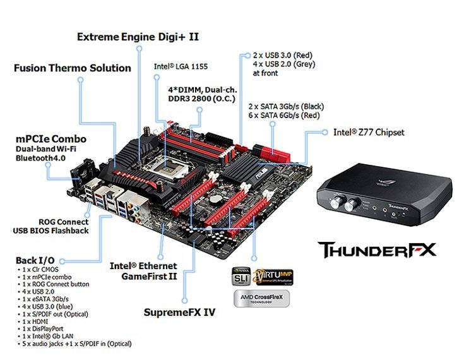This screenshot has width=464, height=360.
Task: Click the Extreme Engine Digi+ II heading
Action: pos(138,37)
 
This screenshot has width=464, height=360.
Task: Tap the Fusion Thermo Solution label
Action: pos(73,68)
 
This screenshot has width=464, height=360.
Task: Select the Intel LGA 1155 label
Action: pos(181,66)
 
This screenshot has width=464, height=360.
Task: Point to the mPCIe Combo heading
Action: pos(51,138)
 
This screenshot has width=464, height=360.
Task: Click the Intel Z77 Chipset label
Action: pos(369,133)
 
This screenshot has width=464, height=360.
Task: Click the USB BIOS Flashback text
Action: pos(51,231)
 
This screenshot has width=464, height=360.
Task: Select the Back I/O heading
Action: pos(35,260)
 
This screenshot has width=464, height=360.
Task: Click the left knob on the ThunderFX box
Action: pos(334,204)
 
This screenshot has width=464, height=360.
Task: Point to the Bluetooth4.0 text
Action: pos(40,158)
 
